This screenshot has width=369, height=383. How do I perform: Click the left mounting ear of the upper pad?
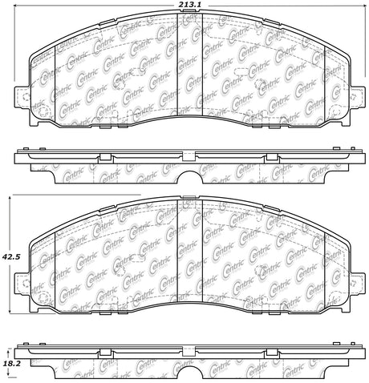coord(22,97)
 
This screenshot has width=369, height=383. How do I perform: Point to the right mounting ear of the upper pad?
coord(357,97)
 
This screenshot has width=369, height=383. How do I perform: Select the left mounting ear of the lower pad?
coord(22,284)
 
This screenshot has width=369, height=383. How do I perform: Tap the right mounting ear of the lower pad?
coord(357,284)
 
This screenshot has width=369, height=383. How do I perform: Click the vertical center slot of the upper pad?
coord(190,65)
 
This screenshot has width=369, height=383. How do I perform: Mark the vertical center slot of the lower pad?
coord(190,252)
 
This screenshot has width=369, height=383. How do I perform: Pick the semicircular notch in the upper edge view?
coord(190,176)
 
